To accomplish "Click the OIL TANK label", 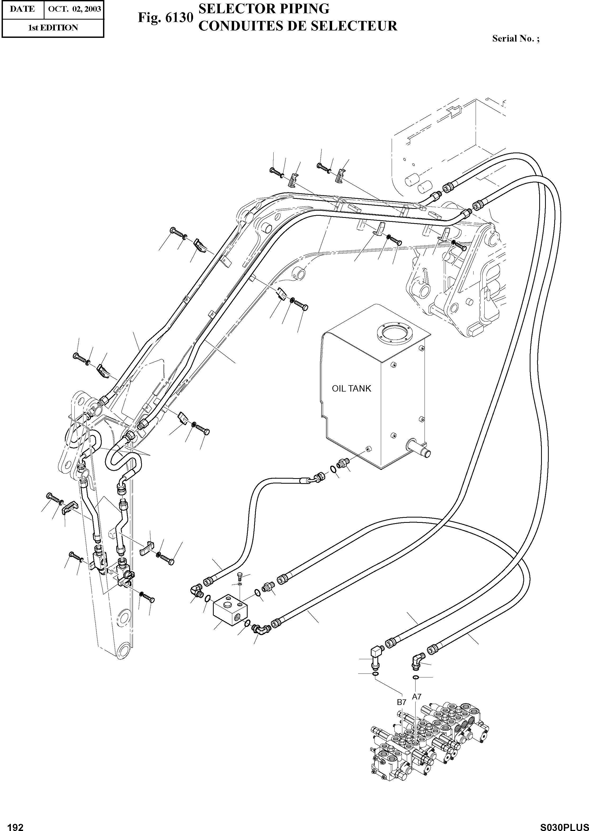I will click(351, 389).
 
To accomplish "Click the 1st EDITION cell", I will click(53, 28).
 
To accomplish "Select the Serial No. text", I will click(515, 39).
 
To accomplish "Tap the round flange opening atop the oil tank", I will click(393, 333).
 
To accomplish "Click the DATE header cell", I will click(22, 9).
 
